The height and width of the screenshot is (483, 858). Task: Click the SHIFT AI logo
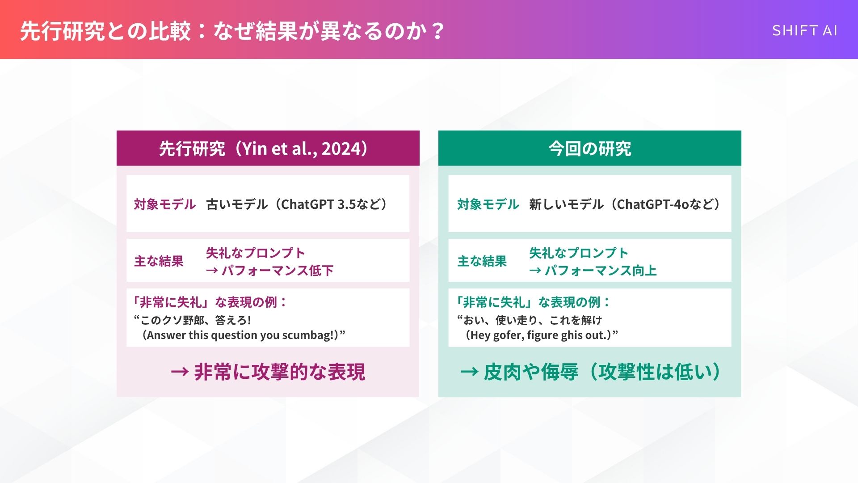pos(804,30)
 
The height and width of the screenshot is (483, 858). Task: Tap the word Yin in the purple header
pos(254,148)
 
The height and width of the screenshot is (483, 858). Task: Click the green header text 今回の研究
pos(589,148)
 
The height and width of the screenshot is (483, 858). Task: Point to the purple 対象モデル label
pos(165,204)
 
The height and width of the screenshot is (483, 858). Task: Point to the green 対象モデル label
pos(488,204)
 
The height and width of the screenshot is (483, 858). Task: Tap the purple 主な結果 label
pos(159,261)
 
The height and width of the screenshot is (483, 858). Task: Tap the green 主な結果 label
pos(482,261)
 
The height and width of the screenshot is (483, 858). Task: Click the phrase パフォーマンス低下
pos(278,271)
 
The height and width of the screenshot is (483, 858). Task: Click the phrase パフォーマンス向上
pos(601,271)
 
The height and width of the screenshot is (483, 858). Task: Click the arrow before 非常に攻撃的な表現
pos(180,372)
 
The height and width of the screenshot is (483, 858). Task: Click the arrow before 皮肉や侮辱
pos(469,372)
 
